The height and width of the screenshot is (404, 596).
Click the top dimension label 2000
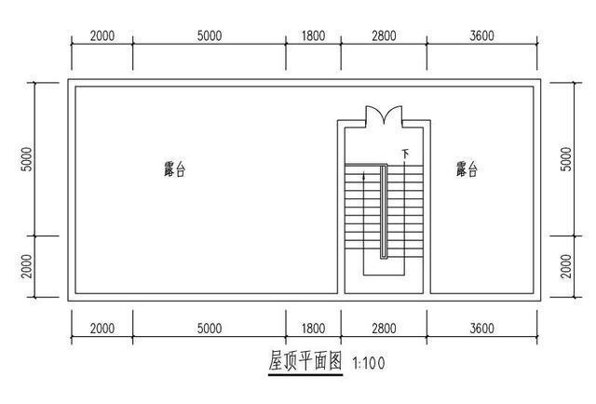coord(102,36)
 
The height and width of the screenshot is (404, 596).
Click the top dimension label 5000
coord(210,36)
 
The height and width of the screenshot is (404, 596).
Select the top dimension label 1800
coord(314,36)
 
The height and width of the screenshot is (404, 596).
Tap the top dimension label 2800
coord(384,36)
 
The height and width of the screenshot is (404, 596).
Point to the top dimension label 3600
coord(481,36)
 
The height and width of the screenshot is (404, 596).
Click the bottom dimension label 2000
coord(102,329)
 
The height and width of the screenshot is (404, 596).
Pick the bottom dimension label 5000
coord(210,329)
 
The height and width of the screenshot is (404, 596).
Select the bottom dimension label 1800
coord(314,329)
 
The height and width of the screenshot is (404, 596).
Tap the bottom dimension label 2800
coord(384,329)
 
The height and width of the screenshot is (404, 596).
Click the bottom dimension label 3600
coord(481,329)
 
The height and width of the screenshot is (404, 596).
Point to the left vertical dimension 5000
coord(27,159)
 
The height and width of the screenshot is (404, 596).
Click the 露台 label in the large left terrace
coord(174,169)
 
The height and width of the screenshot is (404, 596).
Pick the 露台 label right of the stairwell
coord(467,169)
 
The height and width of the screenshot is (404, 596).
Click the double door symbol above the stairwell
coord(384,116)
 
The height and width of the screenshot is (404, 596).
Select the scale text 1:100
coord(370,364)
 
